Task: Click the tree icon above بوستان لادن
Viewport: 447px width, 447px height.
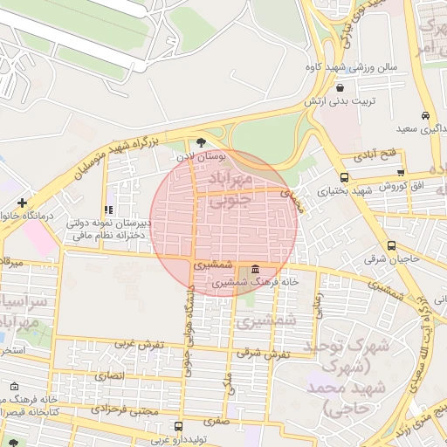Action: pos(202,141)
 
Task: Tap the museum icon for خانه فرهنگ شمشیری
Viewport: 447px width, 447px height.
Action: pos(254,269)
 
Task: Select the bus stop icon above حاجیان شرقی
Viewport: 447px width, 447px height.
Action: pos(391,245)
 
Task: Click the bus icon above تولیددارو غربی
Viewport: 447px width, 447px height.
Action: pos(179,427)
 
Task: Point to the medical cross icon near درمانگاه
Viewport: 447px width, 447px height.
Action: pos(22,203)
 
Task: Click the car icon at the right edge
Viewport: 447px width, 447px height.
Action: pos(425,115)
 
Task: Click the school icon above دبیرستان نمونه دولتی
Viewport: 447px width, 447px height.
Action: pos(108,210)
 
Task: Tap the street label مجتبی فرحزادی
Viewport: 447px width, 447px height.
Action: pos(127,409)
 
